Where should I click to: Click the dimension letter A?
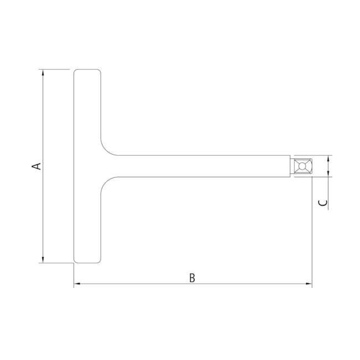point(36,166)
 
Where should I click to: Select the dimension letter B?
point(192,277)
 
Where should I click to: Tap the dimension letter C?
point(323,203)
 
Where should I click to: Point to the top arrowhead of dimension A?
point(43,73)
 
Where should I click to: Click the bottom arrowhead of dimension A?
point(43,259)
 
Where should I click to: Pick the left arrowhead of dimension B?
point(77,284)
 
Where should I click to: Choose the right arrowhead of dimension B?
point(308,284)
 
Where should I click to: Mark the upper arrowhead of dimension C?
point(328,158)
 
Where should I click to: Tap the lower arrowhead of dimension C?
point(328,173)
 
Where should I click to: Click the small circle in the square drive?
point(302,166)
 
